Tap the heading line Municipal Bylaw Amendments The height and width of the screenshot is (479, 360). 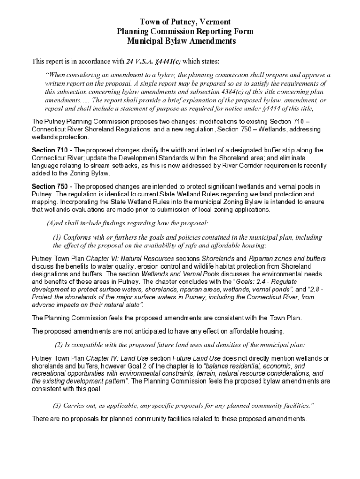[x=181, y=41]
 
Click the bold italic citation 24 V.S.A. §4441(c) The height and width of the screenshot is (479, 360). [x=153, y=61]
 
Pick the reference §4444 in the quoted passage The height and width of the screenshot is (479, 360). [x=260, y=109]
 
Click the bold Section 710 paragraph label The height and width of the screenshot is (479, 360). [x=48, y=150]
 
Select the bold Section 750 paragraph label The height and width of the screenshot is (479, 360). [x=48, y=187]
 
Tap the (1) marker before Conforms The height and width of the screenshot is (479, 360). [x=57, y=237]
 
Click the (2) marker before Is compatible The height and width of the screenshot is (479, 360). [x=59, y=345]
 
